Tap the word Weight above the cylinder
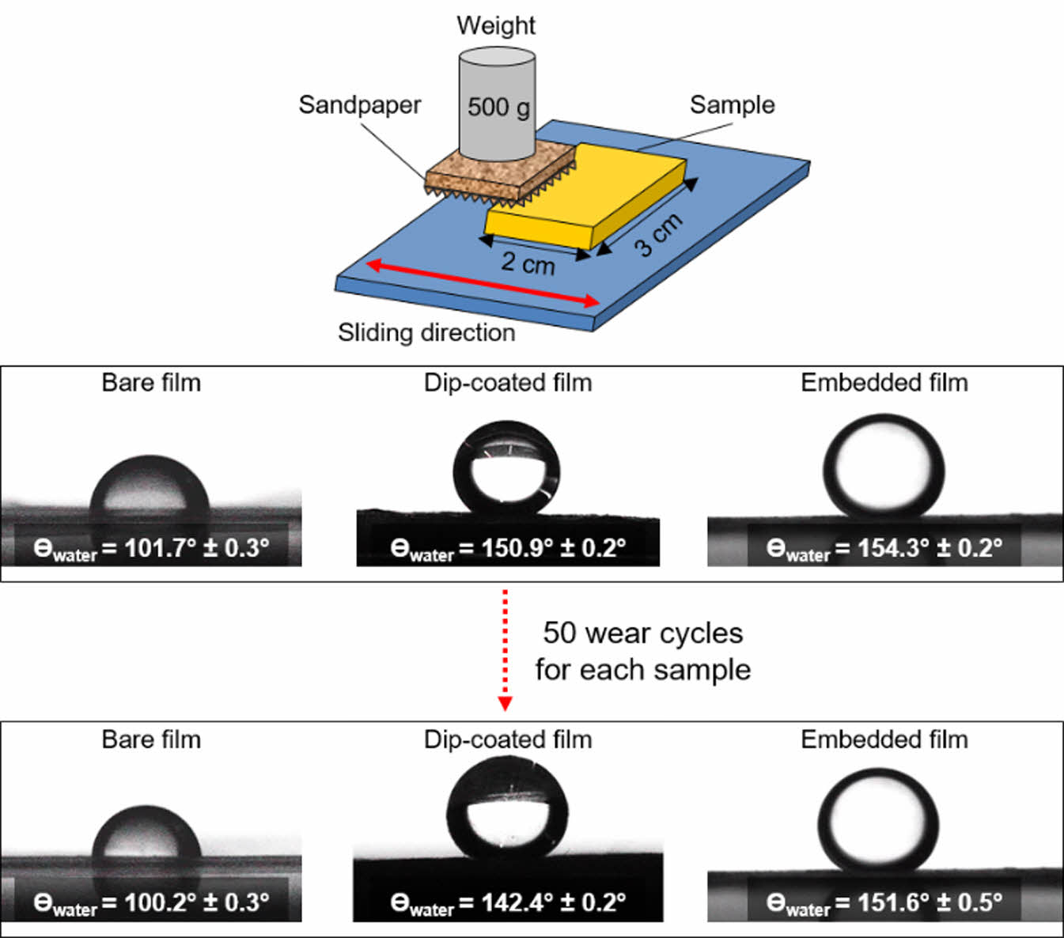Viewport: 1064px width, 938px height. point(496,25)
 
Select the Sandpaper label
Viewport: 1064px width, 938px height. point(359,104)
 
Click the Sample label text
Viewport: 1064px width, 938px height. point(732,104)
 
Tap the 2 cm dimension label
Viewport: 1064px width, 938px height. point(528,262)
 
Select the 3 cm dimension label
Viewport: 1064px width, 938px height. point(658,235)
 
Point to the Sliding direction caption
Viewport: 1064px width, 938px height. point(426,332)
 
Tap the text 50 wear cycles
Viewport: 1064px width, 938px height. point(642,634)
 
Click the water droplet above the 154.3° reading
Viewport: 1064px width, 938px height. point(884,467)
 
